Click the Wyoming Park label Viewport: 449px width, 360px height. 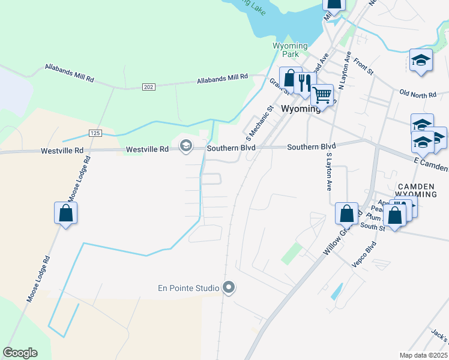290,50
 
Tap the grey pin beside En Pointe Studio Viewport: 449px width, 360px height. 228,288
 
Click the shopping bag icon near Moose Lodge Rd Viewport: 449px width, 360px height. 65,213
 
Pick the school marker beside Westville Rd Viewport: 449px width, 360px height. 185,145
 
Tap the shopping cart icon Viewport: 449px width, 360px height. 322,95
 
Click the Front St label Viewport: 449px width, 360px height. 363,67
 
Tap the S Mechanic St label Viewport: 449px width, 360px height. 258,119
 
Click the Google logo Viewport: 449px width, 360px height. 20,353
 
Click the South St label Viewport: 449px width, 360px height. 372,227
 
